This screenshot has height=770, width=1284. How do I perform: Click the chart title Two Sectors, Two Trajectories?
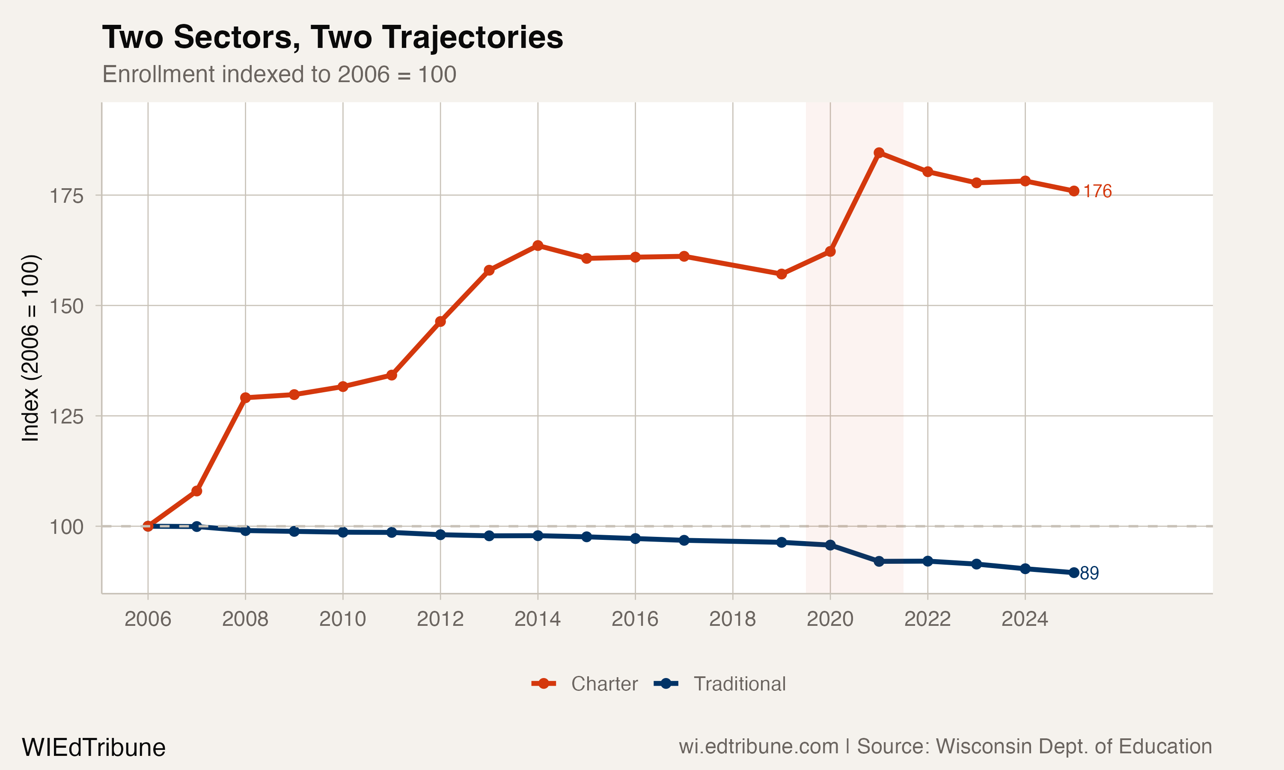[332, 37]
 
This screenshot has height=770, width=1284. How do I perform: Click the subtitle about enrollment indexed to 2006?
[279, 74]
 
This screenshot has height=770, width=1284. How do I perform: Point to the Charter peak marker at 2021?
[879, 153]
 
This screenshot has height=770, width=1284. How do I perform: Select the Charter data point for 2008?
[246, 397]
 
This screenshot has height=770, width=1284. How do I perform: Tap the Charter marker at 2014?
[538, 246]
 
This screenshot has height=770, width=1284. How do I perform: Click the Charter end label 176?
[1097, 192]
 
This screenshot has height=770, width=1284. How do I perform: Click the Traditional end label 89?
[1089, 573]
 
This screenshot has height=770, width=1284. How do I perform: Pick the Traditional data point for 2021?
[879, 561]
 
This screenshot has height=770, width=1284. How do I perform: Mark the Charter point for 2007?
[197, 491]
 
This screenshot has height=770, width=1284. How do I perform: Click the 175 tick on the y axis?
[66, 196]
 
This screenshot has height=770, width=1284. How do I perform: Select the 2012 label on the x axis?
[440, 619]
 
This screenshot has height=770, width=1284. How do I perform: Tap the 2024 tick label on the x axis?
[1025, 619]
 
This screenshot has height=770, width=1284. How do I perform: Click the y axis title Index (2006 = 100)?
[30, 348]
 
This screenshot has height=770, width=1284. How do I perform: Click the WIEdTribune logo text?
[93, 748]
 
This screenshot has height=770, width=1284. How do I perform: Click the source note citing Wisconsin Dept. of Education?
[945, 746]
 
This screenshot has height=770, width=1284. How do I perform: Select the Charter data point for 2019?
[781, 274]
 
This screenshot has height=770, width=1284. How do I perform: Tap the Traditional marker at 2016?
[635, 539]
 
